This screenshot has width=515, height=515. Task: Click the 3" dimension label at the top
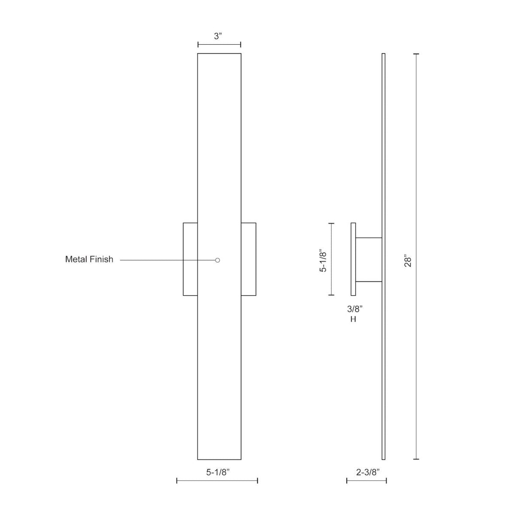click(x=219, y=36)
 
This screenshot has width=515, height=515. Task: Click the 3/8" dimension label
click(x=355, y=309)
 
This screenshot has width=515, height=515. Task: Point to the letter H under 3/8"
click(x=353, y=319)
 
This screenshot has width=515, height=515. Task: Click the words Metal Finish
click(x=89, y=259)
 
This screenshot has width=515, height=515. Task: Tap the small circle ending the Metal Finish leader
click(x=218, y=260)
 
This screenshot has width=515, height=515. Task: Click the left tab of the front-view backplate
click(x=190, y=259)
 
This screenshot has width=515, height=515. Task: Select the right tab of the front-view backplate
click(x=248, y=259)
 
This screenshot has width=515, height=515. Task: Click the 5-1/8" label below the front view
click(x=218, y=472)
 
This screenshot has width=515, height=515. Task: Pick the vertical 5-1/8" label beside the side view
click(x=324, y=260)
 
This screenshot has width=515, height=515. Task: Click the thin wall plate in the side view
click(x=353, y=259)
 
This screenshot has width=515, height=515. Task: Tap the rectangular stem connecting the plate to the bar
click(x=369, y=260)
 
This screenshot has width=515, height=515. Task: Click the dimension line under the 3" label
click(x=219, y=45)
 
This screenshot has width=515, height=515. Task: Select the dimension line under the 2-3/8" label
click(x=367, y=481)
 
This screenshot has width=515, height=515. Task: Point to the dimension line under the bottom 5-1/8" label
click(x=217, y=481)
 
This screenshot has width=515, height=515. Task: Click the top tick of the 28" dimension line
click(x=416, y=54)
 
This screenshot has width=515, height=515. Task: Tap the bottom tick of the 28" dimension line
click(x=416, y=459)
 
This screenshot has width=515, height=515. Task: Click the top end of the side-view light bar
click(x=383, y=55)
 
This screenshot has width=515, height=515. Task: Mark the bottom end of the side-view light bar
click(x=383, y=458)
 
